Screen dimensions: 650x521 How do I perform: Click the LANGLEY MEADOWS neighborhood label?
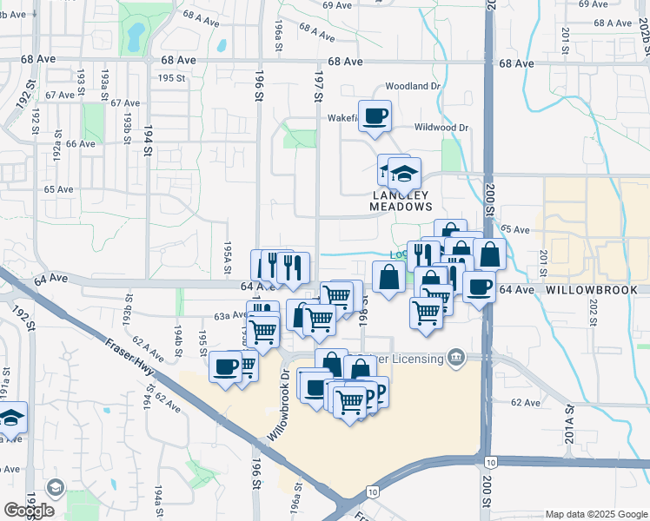(x=401, y=201)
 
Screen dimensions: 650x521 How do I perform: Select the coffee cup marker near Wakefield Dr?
(x=375, y=115)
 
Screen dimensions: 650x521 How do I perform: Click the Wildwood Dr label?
(x=441, y=128)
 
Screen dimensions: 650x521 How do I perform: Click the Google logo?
(x=29, y=511)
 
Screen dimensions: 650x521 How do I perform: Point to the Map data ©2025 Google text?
(x=595, y=514)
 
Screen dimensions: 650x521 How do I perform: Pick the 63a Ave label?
(x=229, y=316)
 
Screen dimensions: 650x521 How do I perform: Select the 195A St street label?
(x=227, y=257)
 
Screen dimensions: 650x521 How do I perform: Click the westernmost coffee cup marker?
(x=225, y=366)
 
